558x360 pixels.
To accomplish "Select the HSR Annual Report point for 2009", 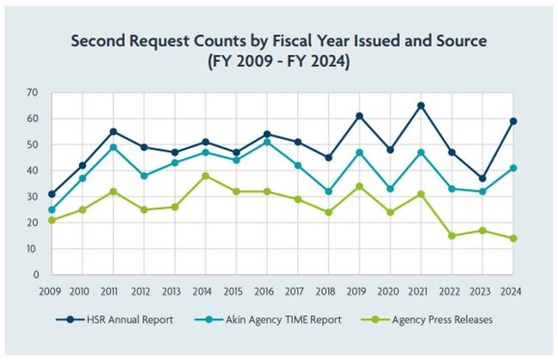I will pos(52,194).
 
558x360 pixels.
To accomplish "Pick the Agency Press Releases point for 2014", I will pos(205,175).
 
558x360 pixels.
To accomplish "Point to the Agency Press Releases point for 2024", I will pos(513,238).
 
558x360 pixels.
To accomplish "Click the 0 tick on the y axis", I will pos(34,275).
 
